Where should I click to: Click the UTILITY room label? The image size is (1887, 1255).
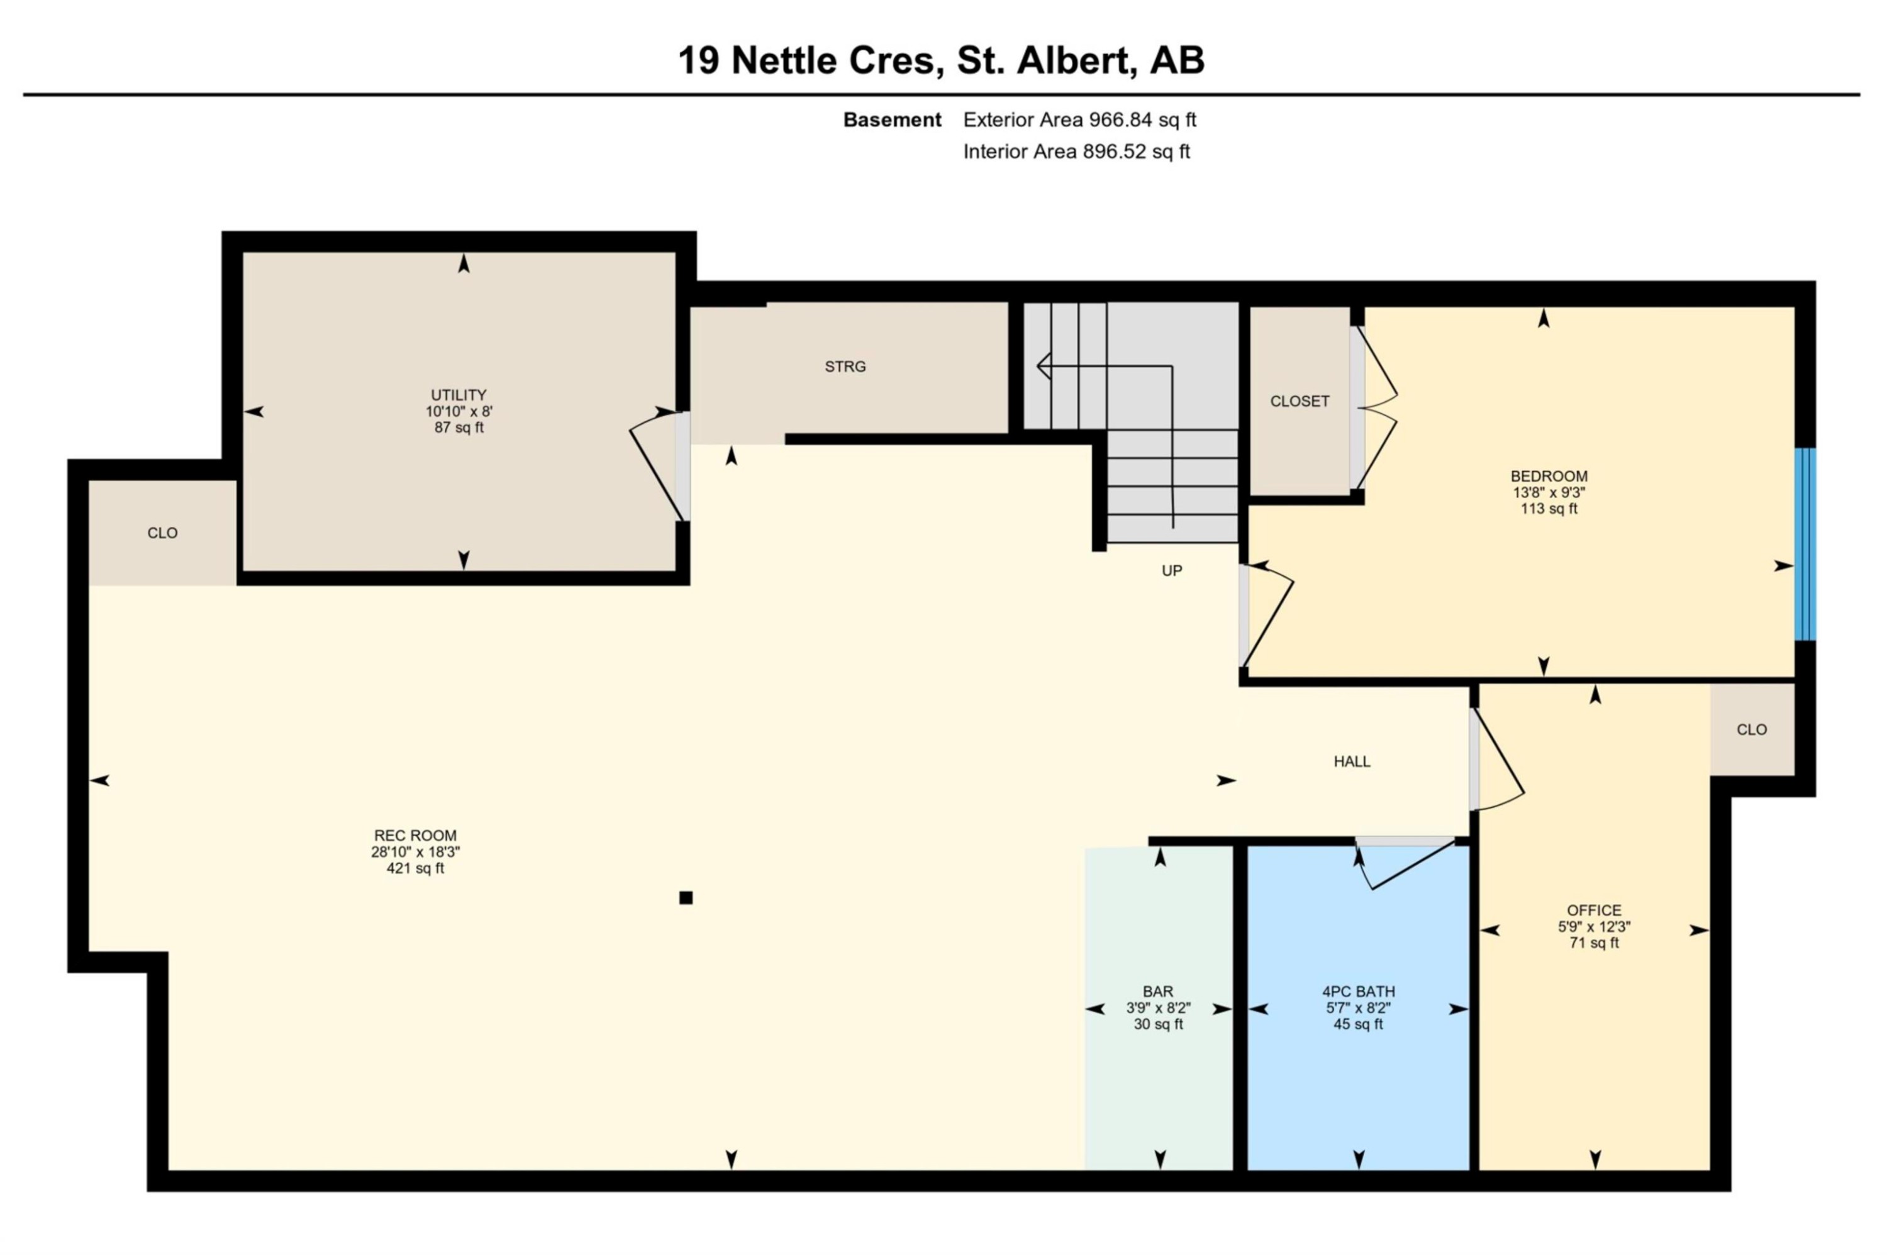(x=458, y=395)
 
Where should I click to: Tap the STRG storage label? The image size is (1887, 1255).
(x=845, y=367)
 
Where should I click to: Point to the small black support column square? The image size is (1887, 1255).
(x=686, y=897)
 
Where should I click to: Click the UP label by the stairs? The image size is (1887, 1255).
(x=1171, y=571)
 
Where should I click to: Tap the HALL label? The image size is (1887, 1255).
(x=1351, y=761)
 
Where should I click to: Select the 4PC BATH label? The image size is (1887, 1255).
(x=1358, y=991)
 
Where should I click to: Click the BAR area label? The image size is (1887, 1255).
(x=1157, y=991)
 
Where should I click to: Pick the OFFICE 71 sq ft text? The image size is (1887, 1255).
(x=1593, y=943)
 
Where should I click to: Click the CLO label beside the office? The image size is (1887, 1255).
(x=1751, y=729)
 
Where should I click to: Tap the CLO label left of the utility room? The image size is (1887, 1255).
(x=162, y=533)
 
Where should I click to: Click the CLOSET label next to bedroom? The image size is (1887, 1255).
(x=1298, y=401)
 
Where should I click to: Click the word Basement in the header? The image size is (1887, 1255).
(x=892, y=120)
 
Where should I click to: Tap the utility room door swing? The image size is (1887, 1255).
(x=657, y=468)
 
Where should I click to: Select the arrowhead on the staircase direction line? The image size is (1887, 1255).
(x=1041, y=367)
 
